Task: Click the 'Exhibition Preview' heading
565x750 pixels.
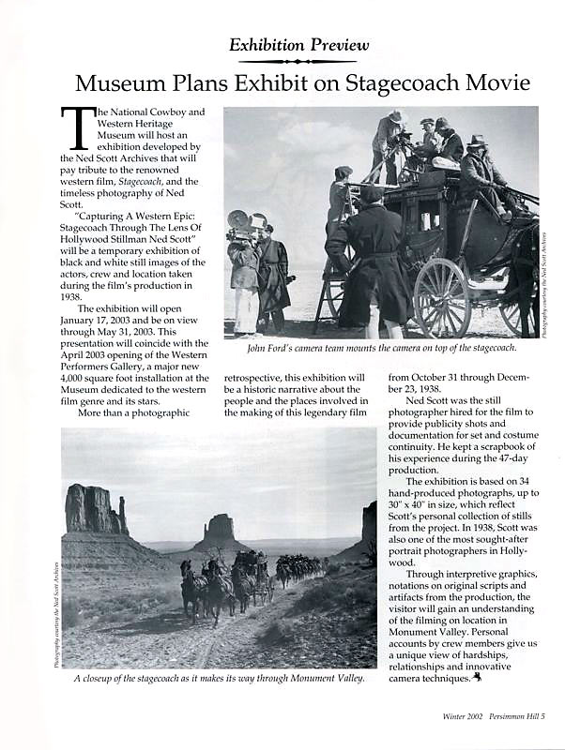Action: pos(299,44)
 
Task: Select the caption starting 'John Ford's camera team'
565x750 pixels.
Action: pos(381,348)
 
